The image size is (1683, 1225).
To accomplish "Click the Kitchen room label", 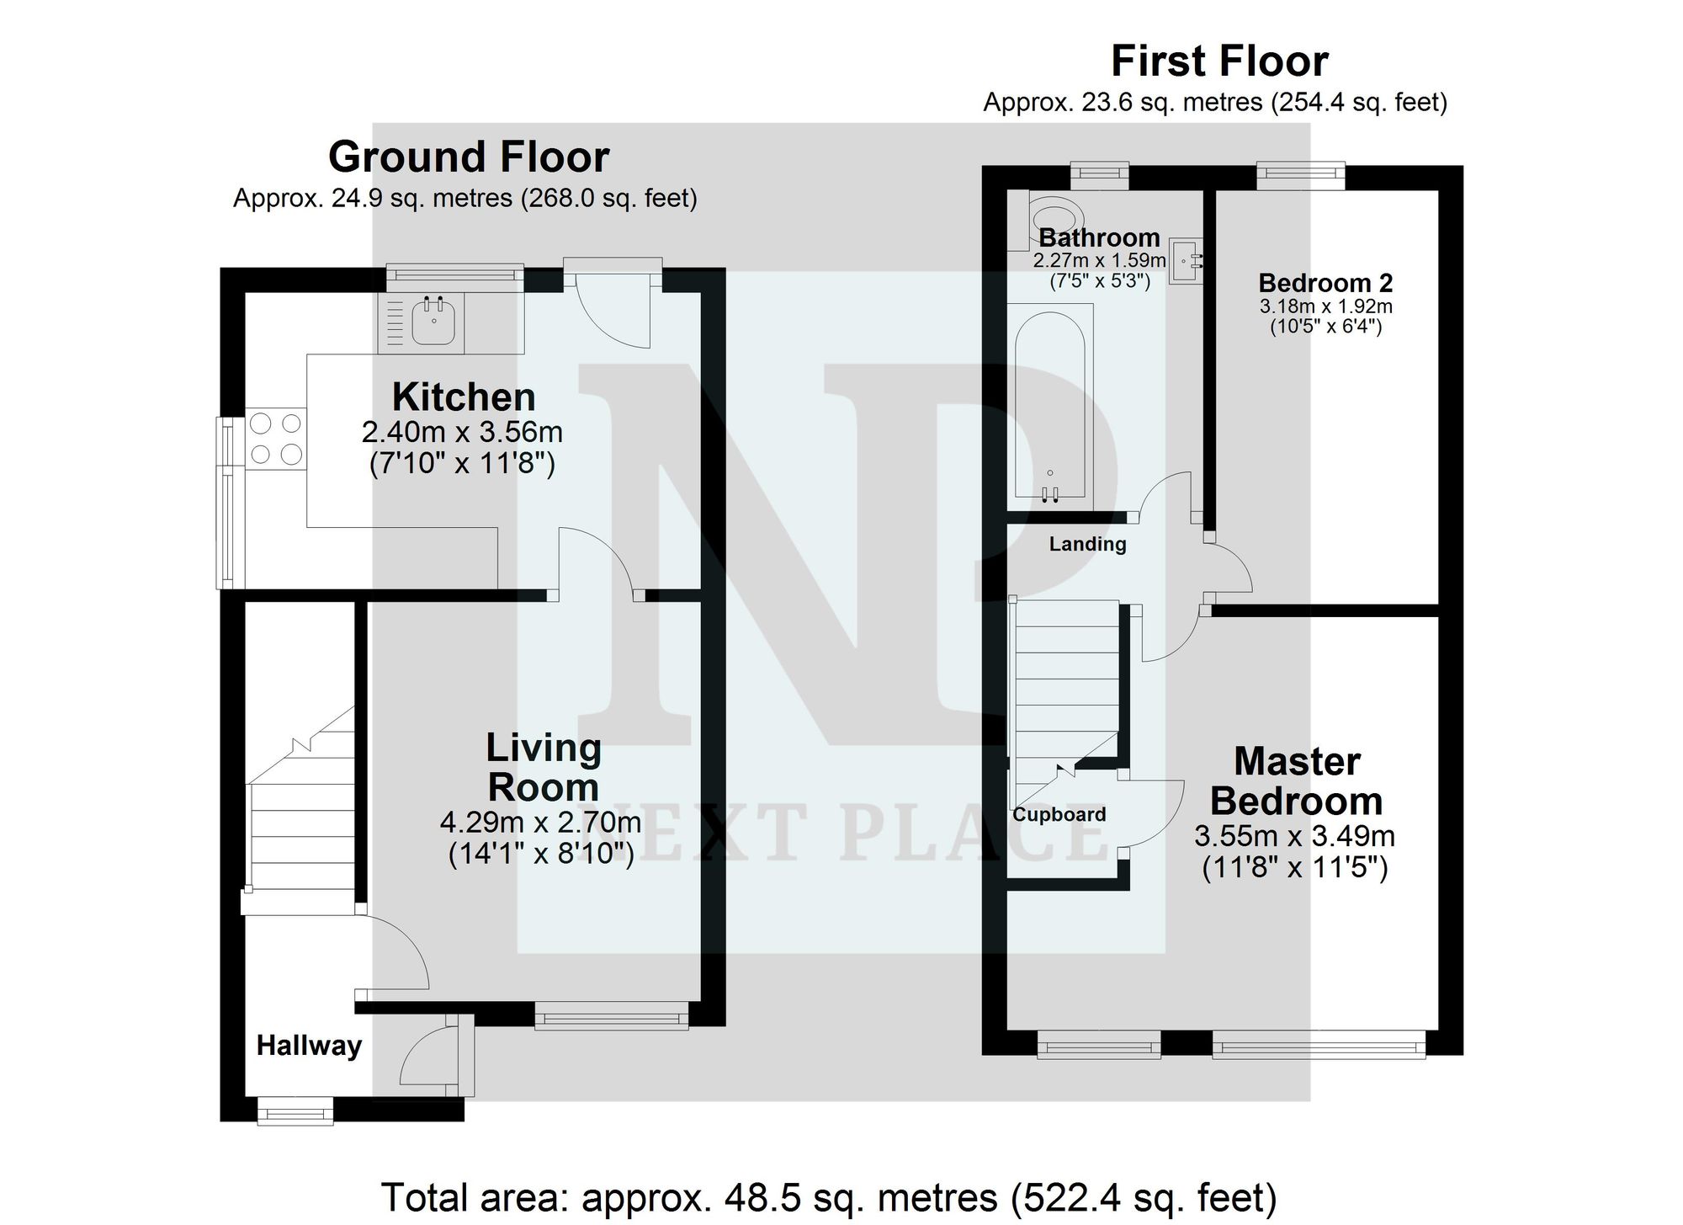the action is coord(464,397).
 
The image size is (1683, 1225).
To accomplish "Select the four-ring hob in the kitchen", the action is coord(276,439).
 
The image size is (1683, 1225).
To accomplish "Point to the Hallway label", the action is coord(309,1046).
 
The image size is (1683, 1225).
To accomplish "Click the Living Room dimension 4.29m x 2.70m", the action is coord(540,823).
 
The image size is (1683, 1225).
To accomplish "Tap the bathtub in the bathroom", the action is coord(1049,407).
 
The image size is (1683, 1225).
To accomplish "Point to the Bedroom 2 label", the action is coord(1325,283).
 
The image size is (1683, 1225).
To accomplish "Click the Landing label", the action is coord(1087,544).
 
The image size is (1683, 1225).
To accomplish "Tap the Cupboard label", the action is coord(1059,814).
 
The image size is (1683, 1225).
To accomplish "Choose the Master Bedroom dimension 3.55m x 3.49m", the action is coord(1294,836).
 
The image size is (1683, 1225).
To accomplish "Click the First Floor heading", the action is coord(1219,61).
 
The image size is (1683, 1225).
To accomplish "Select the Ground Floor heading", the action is coord(469,157).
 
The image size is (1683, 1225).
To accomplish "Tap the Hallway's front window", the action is coord(295,1111).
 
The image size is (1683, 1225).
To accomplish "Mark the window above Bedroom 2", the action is coord(1300,174).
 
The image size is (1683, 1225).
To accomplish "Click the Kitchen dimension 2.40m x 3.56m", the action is coord(462,432).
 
